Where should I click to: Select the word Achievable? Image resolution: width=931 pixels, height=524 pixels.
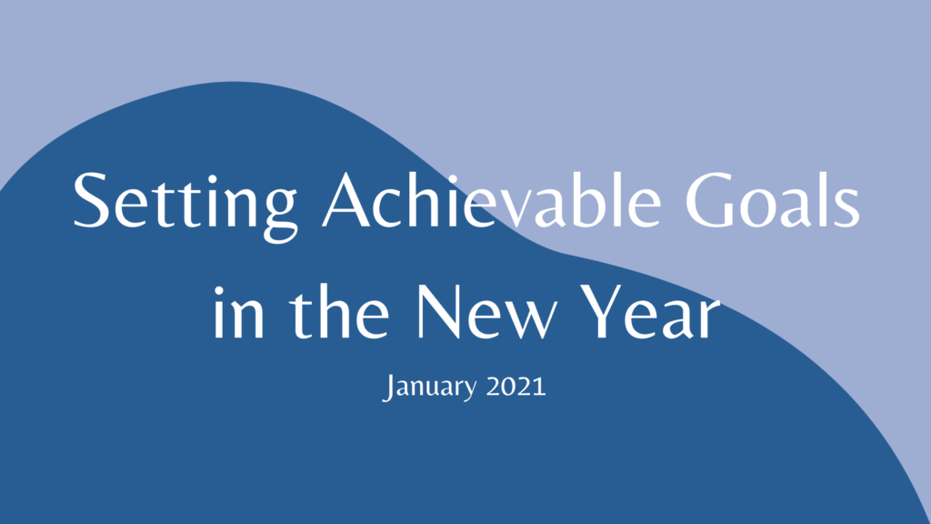click(492, 199)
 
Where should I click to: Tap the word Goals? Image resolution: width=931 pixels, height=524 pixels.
click(773, 199)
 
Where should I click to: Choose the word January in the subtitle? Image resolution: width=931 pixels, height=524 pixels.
click(429, 388)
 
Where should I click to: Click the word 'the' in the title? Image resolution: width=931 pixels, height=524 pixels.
click(340, 310)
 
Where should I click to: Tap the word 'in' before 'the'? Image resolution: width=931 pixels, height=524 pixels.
click(238, 313)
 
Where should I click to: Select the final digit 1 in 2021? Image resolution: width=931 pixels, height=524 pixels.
click(540, 386)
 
